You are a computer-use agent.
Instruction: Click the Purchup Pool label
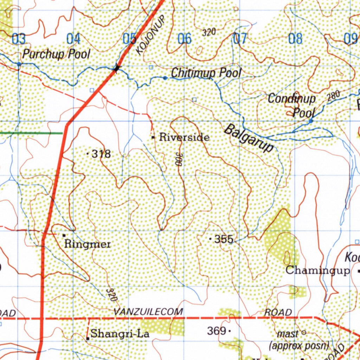pos(56,54)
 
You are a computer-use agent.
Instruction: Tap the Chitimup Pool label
pos(206,73)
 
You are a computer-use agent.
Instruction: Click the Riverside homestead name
pos(184,137)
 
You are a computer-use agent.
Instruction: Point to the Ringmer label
pos(88,244)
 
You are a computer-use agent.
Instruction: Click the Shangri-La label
pos(120,333)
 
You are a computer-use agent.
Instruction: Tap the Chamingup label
pos(317,270)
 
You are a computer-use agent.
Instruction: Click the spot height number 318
pos(101,154)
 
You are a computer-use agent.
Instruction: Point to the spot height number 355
pos(224,239)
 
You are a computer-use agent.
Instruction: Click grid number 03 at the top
pos(18,39)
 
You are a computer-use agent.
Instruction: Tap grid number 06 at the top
pos(184,39)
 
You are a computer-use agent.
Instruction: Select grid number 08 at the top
pos(295,39)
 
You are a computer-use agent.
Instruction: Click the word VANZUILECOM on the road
pos(148,311)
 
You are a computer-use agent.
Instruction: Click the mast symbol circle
pos(304,332)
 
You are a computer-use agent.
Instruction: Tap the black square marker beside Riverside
pos(153,138)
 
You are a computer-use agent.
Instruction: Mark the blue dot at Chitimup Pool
pos(165,78)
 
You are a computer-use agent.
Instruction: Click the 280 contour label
pos(333,96)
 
